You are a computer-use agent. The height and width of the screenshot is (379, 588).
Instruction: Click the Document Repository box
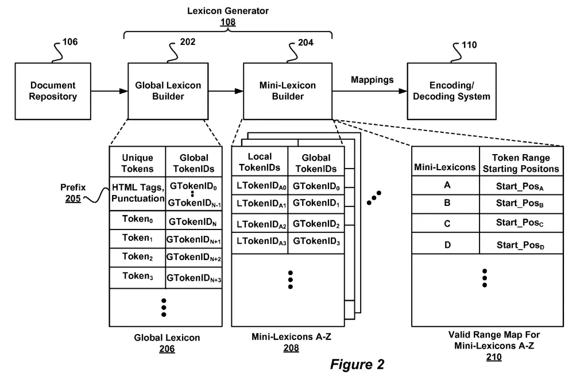pyautogui.click(x=53, y=91)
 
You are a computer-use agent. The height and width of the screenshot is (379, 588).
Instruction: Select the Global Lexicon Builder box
pyautogui.click(x=168, y=91)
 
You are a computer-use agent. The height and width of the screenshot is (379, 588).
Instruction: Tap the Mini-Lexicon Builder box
pyautogui.click(x=288, y=91)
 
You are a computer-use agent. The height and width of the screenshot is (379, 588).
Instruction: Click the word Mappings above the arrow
pyautogui.click(x=372, y=80)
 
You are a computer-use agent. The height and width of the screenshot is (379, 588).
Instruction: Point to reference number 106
pyautogui.click(x=68, y=42)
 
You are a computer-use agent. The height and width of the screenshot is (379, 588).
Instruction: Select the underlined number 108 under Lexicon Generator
pyautogui.click(x=228, y=22)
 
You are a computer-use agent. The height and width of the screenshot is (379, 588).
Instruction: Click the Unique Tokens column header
pyautogui.click(x=137, y=163)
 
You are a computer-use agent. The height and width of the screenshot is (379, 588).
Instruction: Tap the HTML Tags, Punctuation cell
pyautogui.click(x=137, y=193)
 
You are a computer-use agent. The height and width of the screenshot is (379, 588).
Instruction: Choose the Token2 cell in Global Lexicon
pyautogui.click(x=137, y=257)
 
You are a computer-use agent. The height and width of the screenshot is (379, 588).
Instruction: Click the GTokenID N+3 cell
pyautogui.click(x=194, y=278)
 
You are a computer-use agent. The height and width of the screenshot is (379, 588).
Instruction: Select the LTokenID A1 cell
pyautogui.click(x=259, y=203)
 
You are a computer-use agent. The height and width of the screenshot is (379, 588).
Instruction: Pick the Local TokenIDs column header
pyautogui.click(x=259, y=162)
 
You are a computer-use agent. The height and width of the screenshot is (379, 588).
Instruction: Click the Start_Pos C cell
pyautogui.click(x=520, y=223)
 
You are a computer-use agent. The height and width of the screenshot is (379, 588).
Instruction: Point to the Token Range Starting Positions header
pyautogui.click(x=520, y=163)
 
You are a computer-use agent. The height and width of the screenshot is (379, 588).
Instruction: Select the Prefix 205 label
pyautogui.click(x=73, y=192)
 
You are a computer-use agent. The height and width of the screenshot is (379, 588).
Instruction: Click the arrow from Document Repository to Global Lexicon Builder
pyautogui.click(x=110, y=91)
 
